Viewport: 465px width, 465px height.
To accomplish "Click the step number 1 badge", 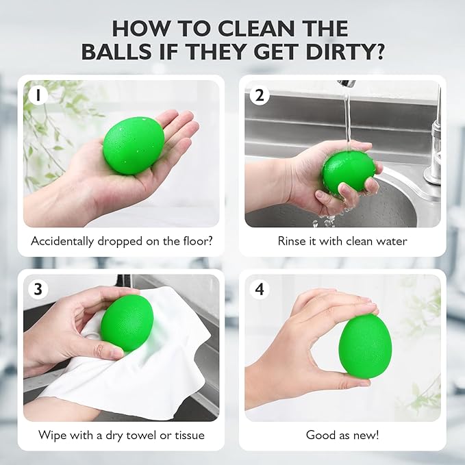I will [36, 95].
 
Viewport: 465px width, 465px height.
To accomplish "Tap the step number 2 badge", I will [259, 95].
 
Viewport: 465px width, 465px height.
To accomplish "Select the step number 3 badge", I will [37, 289].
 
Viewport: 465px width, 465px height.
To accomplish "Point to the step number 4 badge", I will [259, 289].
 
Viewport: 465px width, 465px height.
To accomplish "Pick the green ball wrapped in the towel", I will [127, 323].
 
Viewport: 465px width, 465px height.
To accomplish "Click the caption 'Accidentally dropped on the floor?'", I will [121, 241].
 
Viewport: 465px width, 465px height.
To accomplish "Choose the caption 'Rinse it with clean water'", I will [342, 241].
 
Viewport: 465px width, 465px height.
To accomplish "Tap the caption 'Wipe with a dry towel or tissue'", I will [121, 435].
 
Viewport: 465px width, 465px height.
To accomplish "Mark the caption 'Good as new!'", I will [342, 435].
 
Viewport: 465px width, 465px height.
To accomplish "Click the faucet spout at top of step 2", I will [348, 84].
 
